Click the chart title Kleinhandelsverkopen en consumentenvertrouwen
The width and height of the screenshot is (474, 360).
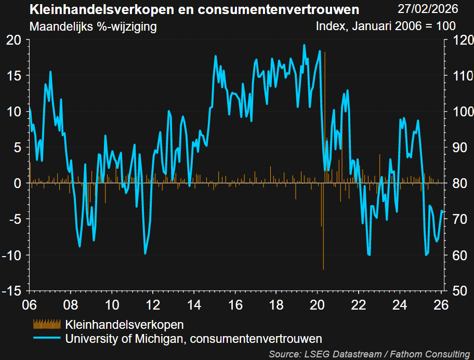[x=194, y=10]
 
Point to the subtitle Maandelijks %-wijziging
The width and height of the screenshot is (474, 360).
[x=94, y=26]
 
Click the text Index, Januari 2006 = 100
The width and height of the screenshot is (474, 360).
[x=386, y=26]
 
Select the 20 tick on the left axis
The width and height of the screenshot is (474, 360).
[x=14, y=40]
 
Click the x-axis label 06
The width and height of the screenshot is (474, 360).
[x=30, y=305]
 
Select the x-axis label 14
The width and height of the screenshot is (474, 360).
[x=193, y=305]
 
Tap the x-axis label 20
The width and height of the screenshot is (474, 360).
[x=317, y=305]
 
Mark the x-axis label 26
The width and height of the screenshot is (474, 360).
[x=440, y=305]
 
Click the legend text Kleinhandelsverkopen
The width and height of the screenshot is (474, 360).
[x=125, y=325]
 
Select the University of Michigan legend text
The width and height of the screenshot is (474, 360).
[x=194, y=339]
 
